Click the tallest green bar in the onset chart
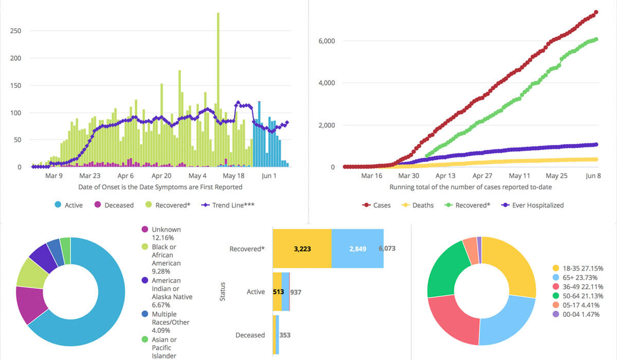pyautogui.click(x=218, y=89)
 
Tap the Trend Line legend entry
pyautogui.click(x=228, y=205)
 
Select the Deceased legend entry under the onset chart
pyautogui.click(x=114, y=205)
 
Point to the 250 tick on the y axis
pyautogui.click(x=16, y=31)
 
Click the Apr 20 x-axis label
pyautogui.click(x=161, y=176)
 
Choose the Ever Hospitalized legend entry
pyautogui.click(x=533, y=205)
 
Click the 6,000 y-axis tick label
pyautogui.click(x=326, y=41)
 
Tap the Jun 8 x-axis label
pyautogui.click(x=593, y=176)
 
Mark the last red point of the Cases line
pyautogui.click(x=596, y=12)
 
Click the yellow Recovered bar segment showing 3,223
pyautogui.click(x=302, y=248)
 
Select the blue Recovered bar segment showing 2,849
pyautogui.click(x=357, y=248)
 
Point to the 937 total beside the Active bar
pyautogui.click(x=296, y=292)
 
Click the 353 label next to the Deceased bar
pyautogui.click(x=285, y=335)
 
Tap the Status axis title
pyautogui.click(x=223, y=292)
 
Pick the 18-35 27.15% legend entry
pyautogui.click(x=578, y=268)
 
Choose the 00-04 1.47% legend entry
pyautogui.click(x=576, y=314)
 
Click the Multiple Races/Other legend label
pyautogui.click(x=171, y=318)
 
